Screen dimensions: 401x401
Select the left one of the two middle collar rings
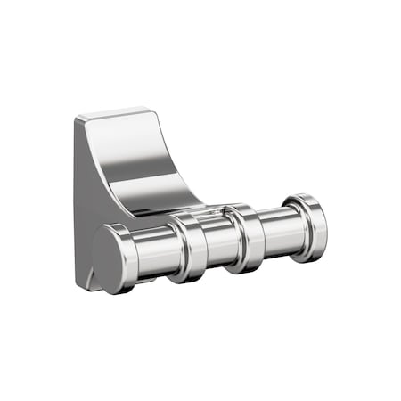[189, 248]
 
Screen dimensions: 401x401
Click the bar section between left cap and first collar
[156, 252]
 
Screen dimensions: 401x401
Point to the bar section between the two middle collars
[218, 242]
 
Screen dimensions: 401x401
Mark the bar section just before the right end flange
[283, 231]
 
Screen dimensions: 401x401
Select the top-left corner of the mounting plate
[78, 119]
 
